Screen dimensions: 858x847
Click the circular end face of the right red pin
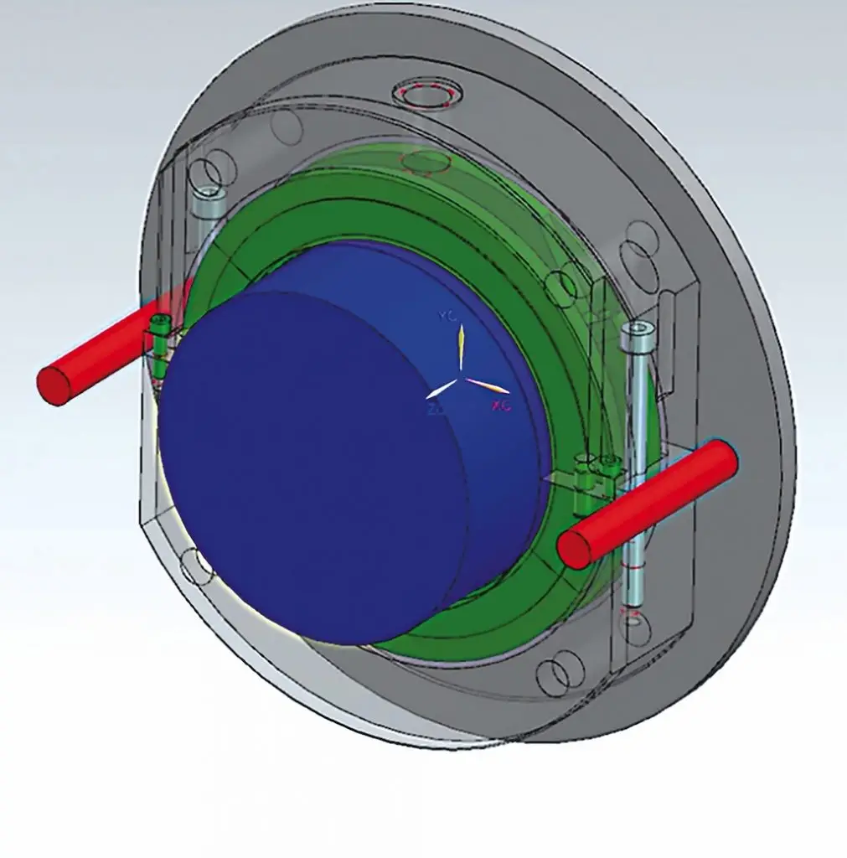[x=576, y=549]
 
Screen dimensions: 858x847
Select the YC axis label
[x=446, y=316]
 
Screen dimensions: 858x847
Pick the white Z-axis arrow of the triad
[x=442, y=390]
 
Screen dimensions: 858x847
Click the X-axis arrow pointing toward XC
[x=487, y=386]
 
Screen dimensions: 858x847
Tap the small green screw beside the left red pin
[x=159, y=325]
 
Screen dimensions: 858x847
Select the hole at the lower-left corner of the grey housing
[x=199, y=566]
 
